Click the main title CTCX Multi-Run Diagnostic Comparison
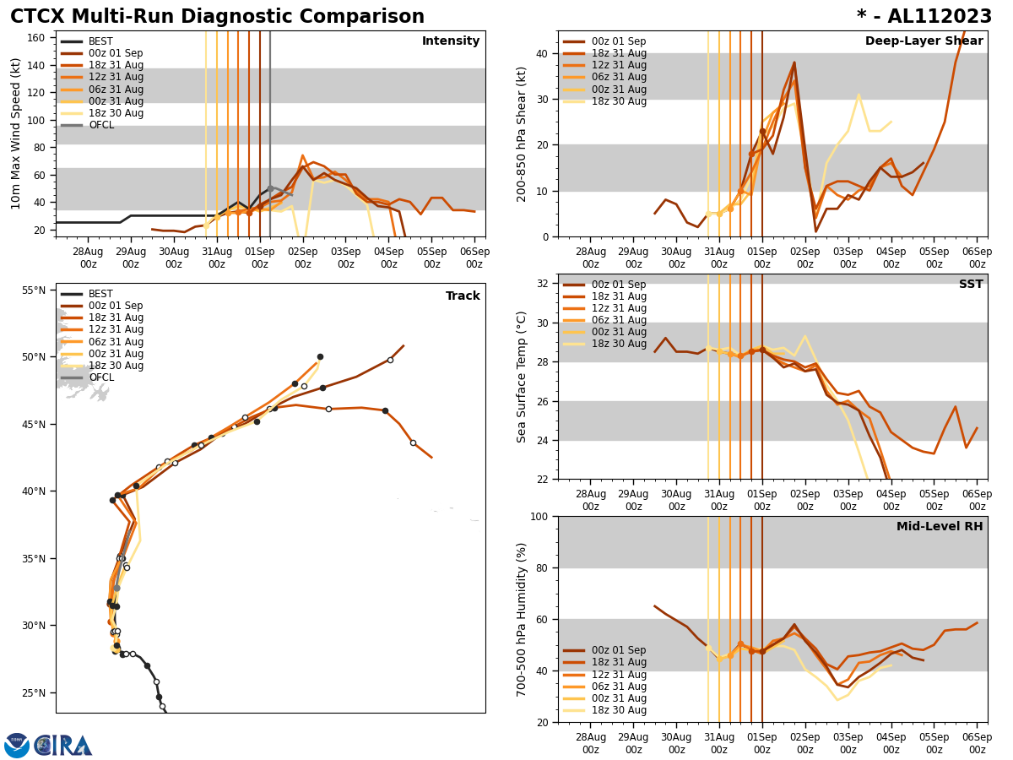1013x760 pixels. pos(217,17)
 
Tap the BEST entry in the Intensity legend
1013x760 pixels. pos(100,41)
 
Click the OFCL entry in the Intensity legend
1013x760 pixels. pos(101,125)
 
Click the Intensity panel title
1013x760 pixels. pos(451,41)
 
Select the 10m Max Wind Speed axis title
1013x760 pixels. pos(16,133)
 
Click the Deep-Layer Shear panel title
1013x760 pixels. pos(924,41)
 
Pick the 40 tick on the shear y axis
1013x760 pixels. pos(543,53)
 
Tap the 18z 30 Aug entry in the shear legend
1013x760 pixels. pos(619,101)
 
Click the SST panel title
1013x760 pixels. pos(971,285)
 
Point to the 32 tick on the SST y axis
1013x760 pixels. pos(543,284)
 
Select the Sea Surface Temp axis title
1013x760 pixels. pos(522,377)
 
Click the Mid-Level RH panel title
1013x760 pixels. pos(940,527)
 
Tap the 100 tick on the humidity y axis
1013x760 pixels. pos(539,516)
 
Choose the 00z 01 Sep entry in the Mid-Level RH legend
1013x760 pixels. pos(619,650)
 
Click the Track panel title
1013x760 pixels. pos(463,296)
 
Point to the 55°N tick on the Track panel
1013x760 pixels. pos(33,290)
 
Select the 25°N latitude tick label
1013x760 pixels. pos(33,693)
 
